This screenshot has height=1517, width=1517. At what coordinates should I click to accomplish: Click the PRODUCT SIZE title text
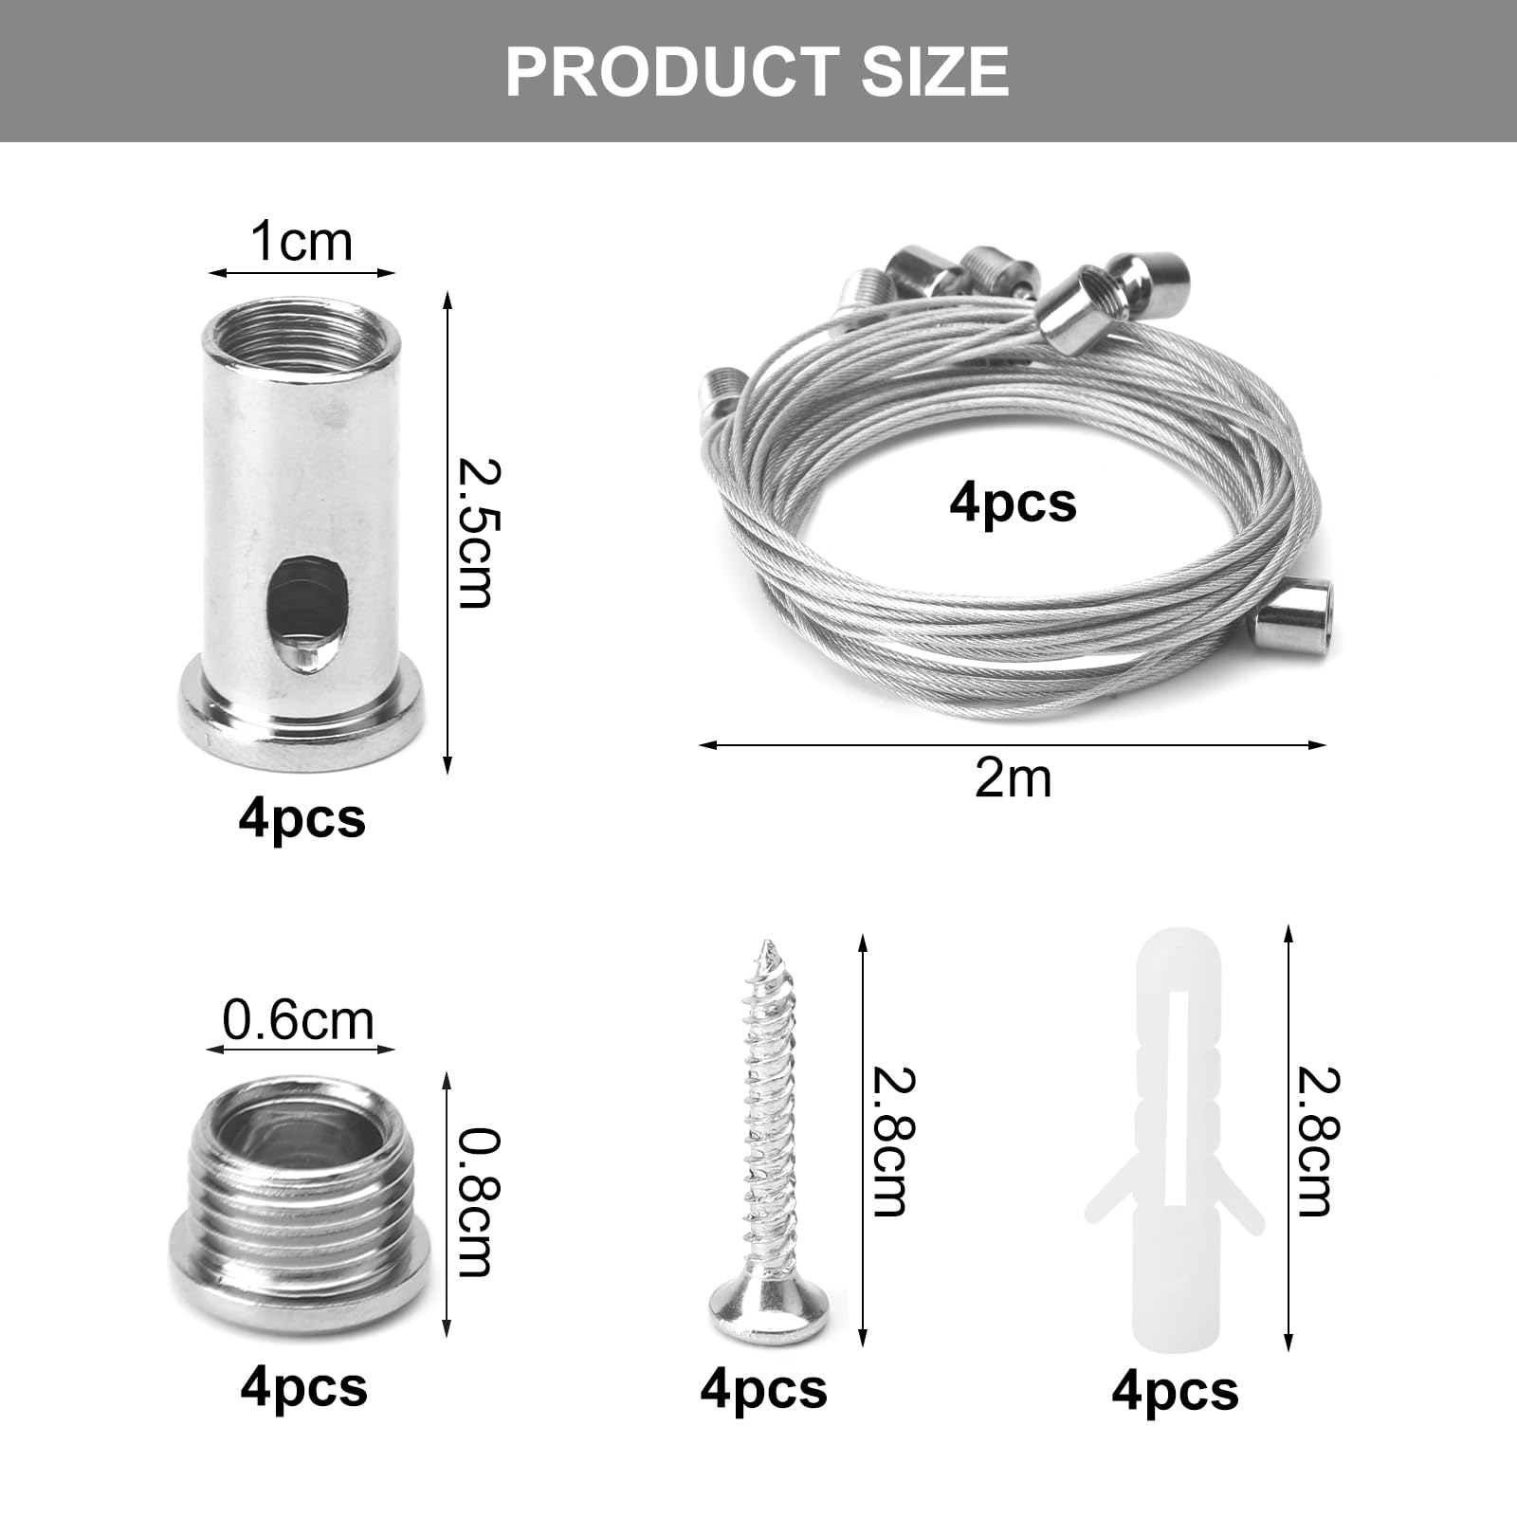(757, 71)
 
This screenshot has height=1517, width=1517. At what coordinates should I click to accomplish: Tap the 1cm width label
(302, 242)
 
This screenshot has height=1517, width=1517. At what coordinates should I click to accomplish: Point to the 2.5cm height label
(474, 533)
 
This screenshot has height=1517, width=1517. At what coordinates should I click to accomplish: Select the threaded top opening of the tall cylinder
(302, 333)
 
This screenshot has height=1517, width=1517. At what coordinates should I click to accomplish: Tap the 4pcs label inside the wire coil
(1013, 503)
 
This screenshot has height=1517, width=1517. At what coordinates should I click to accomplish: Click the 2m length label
(1013, 778)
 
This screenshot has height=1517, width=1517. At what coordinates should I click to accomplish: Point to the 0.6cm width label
(299, 1020)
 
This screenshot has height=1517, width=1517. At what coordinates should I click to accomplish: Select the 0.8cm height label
(474, 1202)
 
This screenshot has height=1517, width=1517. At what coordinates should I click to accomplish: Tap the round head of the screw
(768, 1309)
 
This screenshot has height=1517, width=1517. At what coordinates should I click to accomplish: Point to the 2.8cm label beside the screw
(891, 1142)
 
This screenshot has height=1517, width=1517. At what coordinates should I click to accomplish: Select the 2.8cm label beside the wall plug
(1318, 1142)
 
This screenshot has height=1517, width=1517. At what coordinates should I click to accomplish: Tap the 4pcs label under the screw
(763, 1390)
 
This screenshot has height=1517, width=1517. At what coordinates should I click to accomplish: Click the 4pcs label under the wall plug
(1175, 1392)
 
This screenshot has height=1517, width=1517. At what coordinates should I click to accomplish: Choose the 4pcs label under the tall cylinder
(302, 817)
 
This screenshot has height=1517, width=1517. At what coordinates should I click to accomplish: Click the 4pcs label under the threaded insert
(303, 1388)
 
